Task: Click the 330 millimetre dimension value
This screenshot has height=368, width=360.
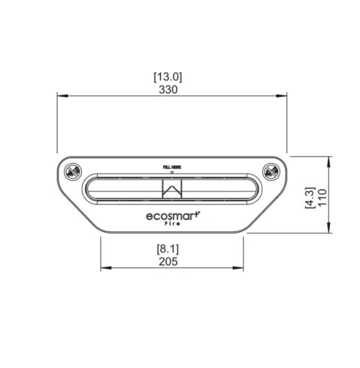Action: pyautogui.click(x=168, y=89)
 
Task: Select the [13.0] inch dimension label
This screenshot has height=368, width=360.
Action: pyautogui.click(x=168, y=77)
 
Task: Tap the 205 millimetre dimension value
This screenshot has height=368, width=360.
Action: pyautogui.click(x=168, y=261)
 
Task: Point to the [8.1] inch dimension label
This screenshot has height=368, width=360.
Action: pyautogui.click(x=168, y=249)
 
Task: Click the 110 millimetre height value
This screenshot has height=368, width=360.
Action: pyautogui.click(x=322, y=198)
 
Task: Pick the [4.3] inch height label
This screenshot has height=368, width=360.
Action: pyautogui.click(x=310, y=198)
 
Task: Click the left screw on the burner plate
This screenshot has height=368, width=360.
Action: pyautogui.click(x=73, y=171)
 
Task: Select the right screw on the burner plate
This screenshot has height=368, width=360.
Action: pyautogui.click(x=271, y=171)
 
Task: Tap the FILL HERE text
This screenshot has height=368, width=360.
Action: pyautogui.click(x=172, y=167)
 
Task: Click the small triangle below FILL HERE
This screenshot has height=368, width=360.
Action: pyautogui.click(x=172, y=173)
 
